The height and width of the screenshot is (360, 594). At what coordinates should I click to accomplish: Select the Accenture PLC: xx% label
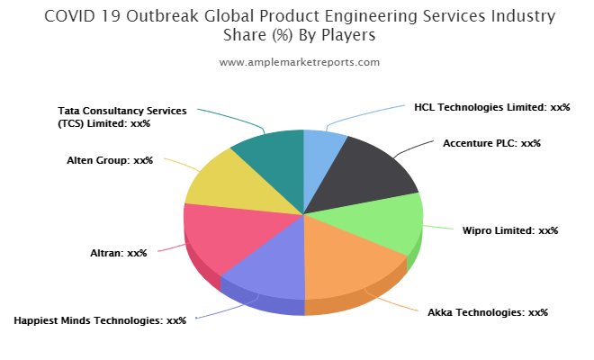tap(491, 143)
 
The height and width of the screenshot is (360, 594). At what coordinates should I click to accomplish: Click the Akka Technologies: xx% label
tap(488, 312)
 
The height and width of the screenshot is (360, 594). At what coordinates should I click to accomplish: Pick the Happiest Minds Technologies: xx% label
tap(100, 320)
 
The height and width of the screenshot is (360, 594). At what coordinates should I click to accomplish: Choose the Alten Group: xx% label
tap(110, 160)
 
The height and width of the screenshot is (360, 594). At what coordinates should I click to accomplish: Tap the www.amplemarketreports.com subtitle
tap(300, 62)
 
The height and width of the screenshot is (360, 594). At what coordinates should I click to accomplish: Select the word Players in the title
tap(348, 35)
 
